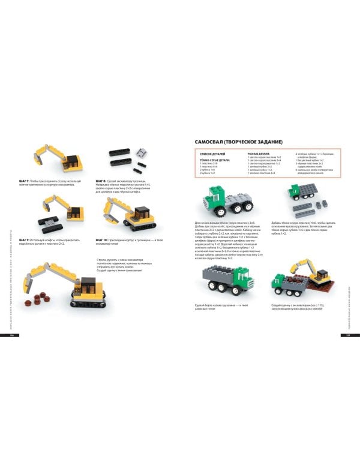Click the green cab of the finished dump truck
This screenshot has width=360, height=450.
[x=245, y=278]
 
